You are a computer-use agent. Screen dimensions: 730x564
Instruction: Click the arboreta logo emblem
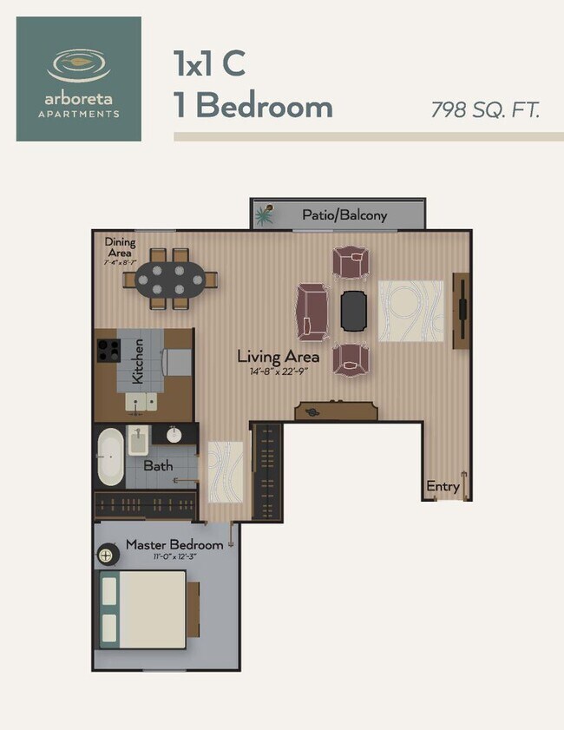click(78, 64)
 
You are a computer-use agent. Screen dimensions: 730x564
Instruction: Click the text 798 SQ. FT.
click(486, 110)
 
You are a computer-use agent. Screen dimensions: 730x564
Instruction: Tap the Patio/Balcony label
click(344, 214)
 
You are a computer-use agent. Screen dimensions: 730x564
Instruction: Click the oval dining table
click(170, 280)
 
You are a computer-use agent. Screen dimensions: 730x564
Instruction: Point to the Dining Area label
click(120, 247)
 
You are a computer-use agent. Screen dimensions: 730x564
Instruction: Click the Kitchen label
click(137, 366)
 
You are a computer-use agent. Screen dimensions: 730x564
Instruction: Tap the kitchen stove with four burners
click(108, 350)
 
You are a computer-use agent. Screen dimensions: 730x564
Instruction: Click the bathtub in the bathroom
click(109, 457)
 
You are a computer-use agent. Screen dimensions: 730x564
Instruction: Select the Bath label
click(158, 466)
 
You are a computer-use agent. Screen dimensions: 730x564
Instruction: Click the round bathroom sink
click(174, 434)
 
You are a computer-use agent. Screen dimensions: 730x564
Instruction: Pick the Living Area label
click(278, 357)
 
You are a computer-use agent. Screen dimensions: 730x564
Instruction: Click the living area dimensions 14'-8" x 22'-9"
click(278, 372)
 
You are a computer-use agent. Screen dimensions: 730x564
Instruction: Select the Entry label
click(443, 487)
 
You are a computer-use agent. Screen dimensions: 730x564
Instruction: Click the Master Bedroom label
click(174, 545)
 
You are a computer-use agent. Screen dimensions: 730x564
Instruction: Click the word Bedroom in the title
click(265, 107)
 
